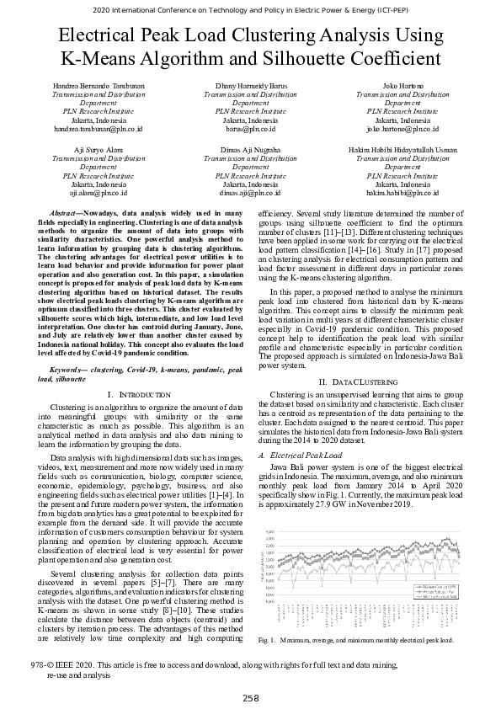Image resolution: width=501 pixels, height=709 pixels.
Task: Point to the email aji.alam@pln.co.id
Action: click(x=99, y=192)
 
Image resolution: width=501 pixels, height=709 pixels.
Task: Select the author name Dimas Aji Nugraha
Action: click(x=250, y=149)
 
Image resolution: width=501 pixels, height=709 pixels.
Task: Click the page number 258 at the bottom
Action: click(x=250, y=698)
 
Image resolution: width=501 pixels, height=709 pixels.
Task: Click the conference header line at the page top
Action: click(x=250, y=10)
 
